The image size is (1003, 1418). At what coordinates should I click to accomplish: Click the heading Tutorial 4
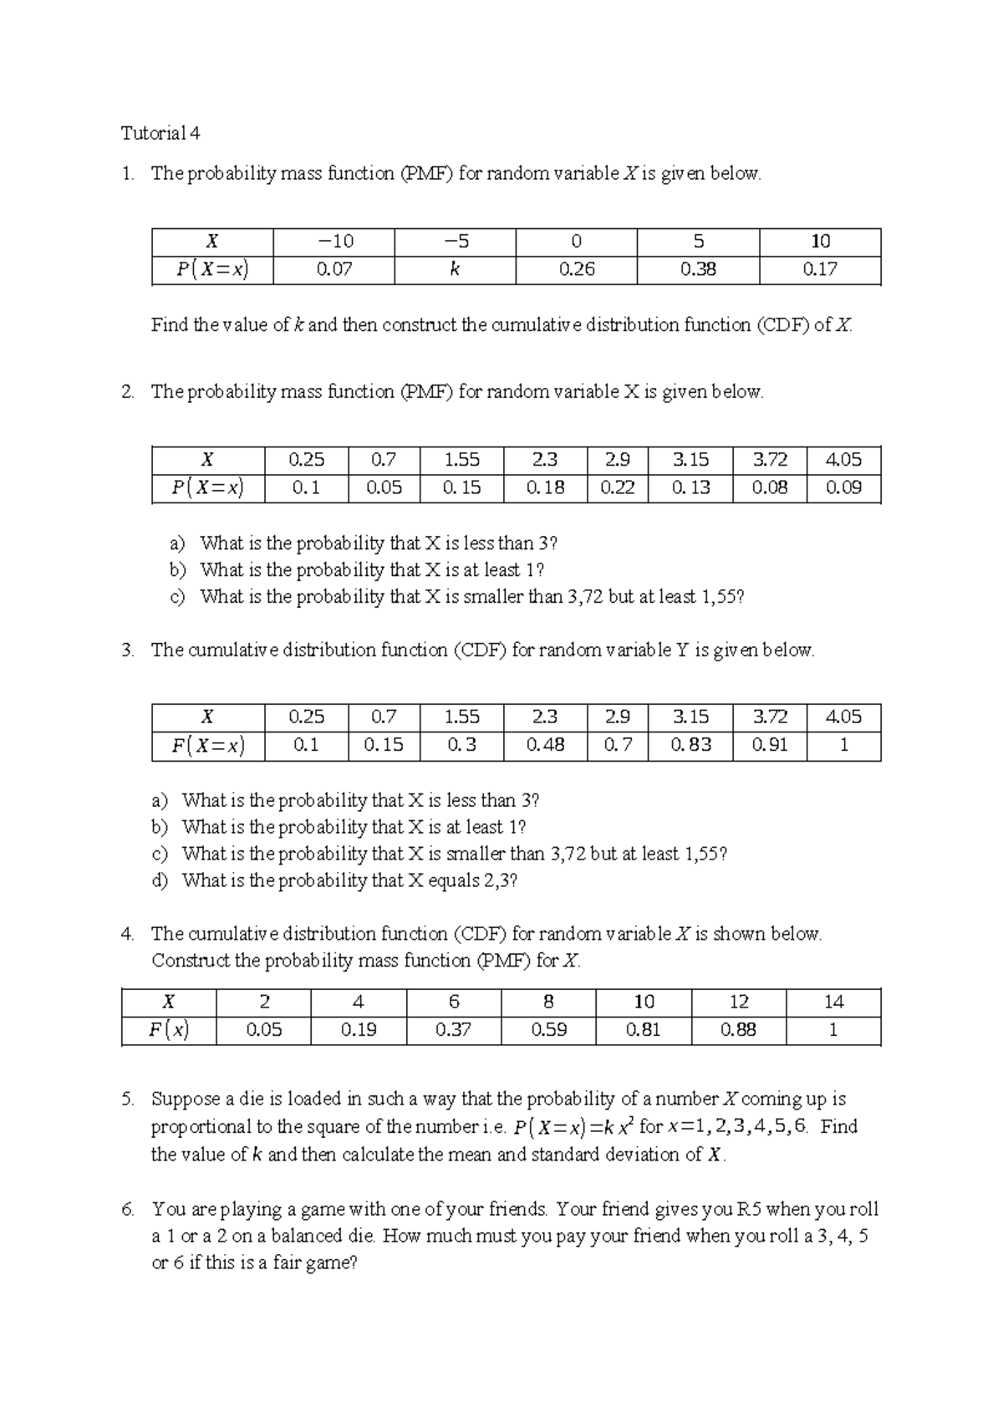(160, 133)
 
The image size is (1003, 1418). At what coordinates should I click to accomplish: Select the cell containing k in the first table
(455, 269)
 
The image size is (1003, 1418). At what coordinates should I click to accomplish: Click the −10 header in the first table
(334, 242)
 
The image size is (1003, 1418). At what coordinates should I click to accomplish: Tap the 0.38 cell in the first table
(698, 269)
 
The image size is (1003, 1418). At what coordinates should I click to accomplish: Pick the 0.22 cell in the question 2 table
(617, 487)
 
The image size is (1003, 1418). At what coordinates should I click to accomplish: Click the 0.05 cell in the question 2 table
(384, 487)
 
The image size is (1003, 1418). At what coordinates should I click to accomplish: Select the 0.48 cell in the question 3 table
(545, 745)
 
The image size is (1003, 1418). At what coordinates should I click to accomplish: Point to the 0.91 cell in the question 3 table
(769, 745)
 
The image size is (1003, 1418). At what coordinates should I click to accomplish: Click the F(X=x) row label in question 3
(208, 745)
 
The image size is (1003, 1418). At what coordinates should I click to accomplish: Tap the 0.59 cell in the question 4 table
(549, 1030)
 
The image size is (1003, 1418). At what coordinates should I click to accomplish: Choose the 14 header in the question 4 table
(833, 1002)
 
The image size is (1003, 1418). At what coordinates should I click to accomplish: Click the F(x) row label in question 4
(169, 1030)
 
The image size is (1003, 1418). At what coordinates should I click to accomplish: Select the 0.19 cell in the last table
(359, 1030)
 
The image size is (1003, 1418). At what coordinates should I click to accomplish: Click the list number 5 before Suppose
(127, 1099)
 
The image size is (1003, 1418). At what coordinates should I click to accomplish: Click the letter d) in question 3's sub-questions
(160, 880)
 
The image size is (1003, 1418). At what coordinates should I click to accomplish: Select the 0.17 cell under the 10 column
(820, 269)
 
